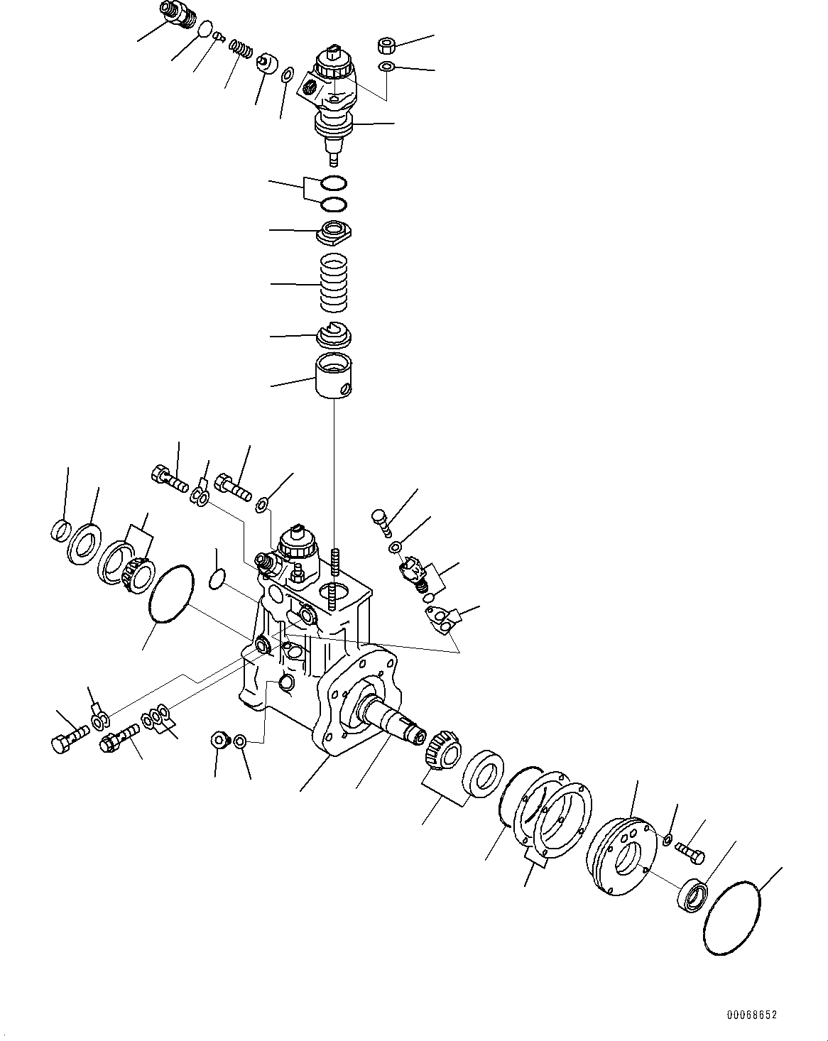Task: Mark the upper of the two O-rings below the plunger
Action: [x=333, y=183]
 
